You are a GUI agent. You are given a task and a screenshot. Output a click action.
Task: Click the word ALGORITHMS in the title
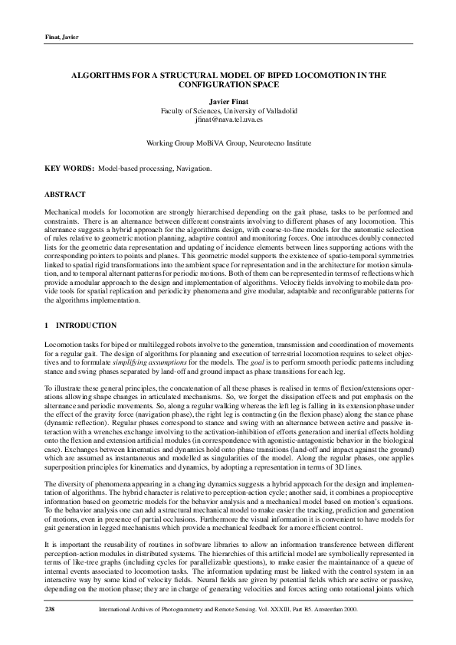coord(102,77)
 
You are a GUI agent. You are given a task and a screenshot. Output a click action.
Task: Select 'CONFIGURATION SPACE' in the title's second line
coord(229,87)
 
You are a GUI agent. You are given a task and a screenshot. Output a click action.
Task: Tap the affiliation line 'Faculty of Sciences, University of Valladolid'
coord(228,111)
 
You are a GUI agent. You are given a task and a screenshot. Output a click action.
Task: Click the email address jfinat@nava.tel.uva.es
coord(228,120)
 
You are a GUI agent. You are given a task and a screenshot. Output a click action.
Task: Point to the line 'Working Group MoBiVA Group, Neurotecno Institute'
coord(228,143)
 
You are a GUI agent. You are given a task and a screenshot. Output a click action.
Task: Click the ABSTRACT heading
coord(64,195)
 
